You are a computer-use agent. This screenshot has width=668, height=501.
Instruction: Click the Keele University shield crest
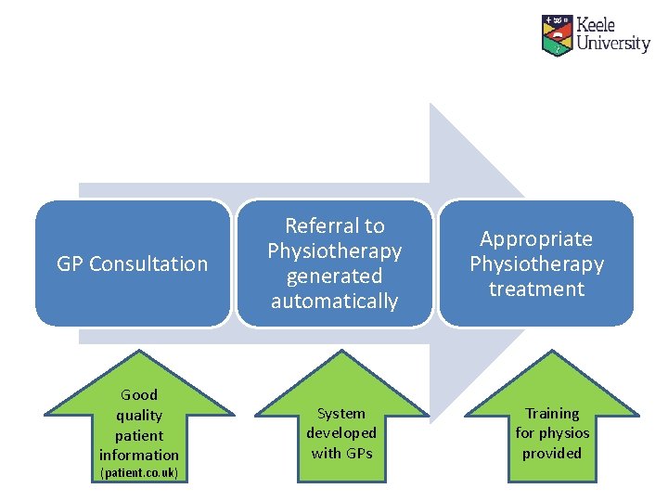[x=557, y=34]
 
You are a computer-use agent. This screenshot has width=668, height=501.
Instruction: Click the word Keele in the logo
[x=597, y=26]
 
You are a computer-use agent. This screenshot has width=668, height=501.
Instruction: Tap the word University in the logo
[x=613, y=44]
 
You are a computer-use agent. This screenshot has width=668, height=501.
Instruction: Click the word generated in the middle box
[x=334, y=276]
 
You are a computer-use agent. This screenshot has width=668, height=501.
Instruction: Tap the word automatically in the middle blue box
[x=334, y=302]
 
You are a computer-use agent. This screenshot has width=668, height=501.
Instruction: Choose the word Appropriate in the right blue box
[x=536, y=239]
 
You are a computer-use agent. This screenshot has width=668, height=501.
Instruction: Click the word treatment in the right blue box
[x=536, y=289]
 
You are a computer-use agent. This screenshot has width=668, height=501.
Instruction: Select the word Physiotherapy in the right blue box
[x=536, y=264]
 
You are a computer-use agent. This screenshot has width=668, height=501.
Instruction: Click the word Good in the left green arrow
[x=139, y=395]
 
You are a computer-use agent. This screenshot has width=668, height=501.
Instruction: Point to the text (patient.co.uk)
[x=139, y=474]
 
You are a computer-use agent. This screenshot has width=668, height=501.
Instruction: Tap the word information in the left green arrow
[x=139, y=455]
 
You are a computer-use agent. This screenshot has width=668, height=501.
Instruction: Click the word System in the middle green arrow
[x=341, y=414]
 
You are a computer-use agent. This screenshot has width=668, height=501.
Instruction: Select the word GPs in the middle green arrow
[x=358, y=453]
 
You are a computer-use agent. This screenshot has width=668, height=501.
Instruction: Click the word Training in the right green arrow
[x=552, y=414]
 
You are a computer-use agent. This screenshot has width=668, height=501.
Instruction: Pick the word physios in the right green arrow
[x=565, y=433]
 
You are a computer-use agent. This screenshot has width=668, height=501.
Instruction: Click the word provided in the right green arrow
[x=552, y=453]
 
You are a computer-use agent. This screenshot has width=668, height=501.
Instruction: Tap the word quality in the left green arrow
[x=139, y=416]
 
